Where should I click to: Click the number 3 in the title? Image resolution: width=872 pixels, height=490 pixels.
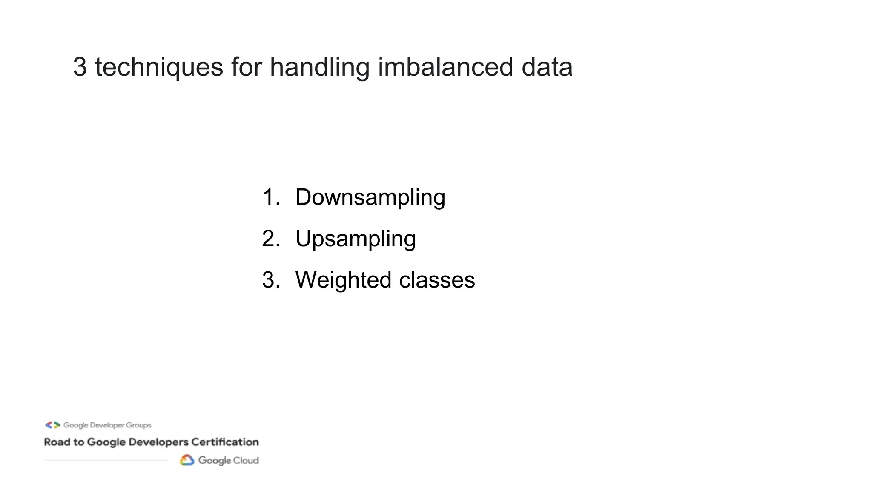pyautogui.click(x=80, y=67)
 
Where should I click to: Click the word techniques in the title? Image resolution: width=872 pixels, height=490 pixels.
pyautogui.click(x=159, y=67)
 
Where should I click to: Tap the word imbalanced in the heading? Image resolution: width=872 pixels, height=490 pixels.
pyautogui.click(x=445, y=67)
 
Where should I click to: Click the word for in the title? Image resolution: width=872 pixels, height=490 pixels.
pyautogui.click(x=246, y=67)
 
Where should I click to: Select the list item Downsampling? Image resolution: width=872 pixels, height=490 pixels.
pyautogui.click(x=370, y=197)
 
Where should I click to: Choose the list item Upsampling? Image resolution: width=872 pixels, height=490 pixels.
pyautogui.click(x=355, y=239)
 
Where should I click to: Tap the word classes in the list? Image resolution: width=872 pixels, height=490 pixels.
pyautogui.click(x=437, y=280)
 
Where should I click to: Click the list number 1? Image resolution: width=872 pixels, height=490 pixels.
pyautogui.click(x=271, y=197)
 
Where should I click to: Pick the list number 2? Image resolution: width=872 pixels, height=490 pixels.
pyautogui.click(x=271, y=239)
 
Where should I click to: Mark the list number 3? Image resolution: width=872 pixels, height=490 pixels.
pyautogui.click(x=271, y=280)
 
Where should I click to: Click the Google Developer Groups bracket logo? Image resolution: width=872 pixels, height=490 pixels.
pyautogui.click(x=52, y=425)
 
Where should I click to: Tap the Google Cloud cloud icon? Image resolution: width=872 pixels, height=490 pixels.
pyautogui.click(x=187, y=460)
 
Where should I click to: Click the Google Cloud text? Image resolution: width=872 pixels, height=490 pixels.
pyautogui.click(x=228, y=461)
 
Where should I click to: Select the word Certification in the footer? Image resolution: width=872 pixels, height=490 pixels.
pyautogui.click(x=225, y=442)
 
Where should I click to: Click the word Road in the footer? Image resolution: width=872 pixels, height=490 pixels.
pyautogui.click(x=57, y=442)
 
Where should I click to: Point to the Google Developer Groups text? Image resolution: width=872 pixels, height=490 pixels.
pyautogui.click(x=107, y=425)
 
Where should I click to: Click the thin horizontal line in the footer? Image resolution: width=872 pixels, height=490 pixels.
pyautogui.click(x=106, y=460)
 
